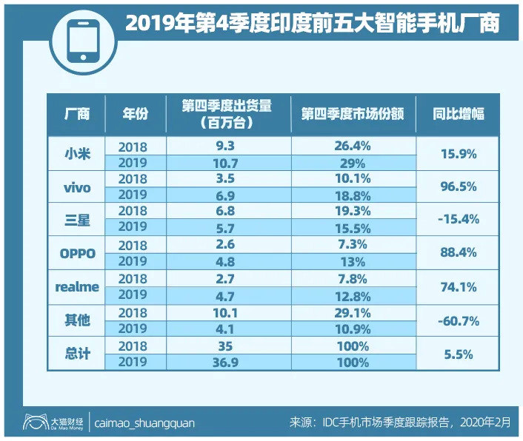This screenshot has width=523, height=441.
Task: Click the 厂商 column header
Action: point(77,114)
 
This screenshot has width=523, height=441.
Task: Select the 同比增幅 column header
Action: point(457,114)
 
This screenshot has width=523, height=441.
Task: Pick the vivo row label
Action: point(77,187)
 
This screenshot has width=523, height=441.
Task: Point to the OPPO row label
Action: point(77,253)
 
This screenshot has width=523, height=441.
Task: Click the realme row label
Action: point(77,287)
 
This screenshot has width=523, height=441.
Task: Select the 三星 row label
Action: point(77,220)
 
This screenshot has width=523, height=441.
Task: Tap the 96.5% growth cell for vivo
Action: point(457,187)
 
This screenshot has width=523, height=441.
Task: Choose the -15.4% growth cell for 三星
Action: point(457,220)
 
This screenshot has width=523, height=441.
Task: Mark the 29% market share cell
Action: point(352,163)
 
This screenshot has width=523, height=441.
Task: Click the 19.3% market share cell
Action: point(352,212)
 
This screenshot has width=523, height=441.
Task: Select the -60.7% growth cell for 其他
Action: point(457,320)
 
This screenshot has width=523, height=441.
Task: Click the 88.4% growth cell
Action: point(457,253)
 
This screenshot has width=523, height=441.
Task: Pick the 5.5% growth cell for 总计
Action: point(457,354)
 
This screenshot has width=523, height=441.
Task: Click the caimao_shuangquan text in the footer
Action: point(145,423)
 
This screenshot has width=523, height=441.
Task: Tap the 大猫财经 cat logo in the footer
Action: point(33,423)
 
